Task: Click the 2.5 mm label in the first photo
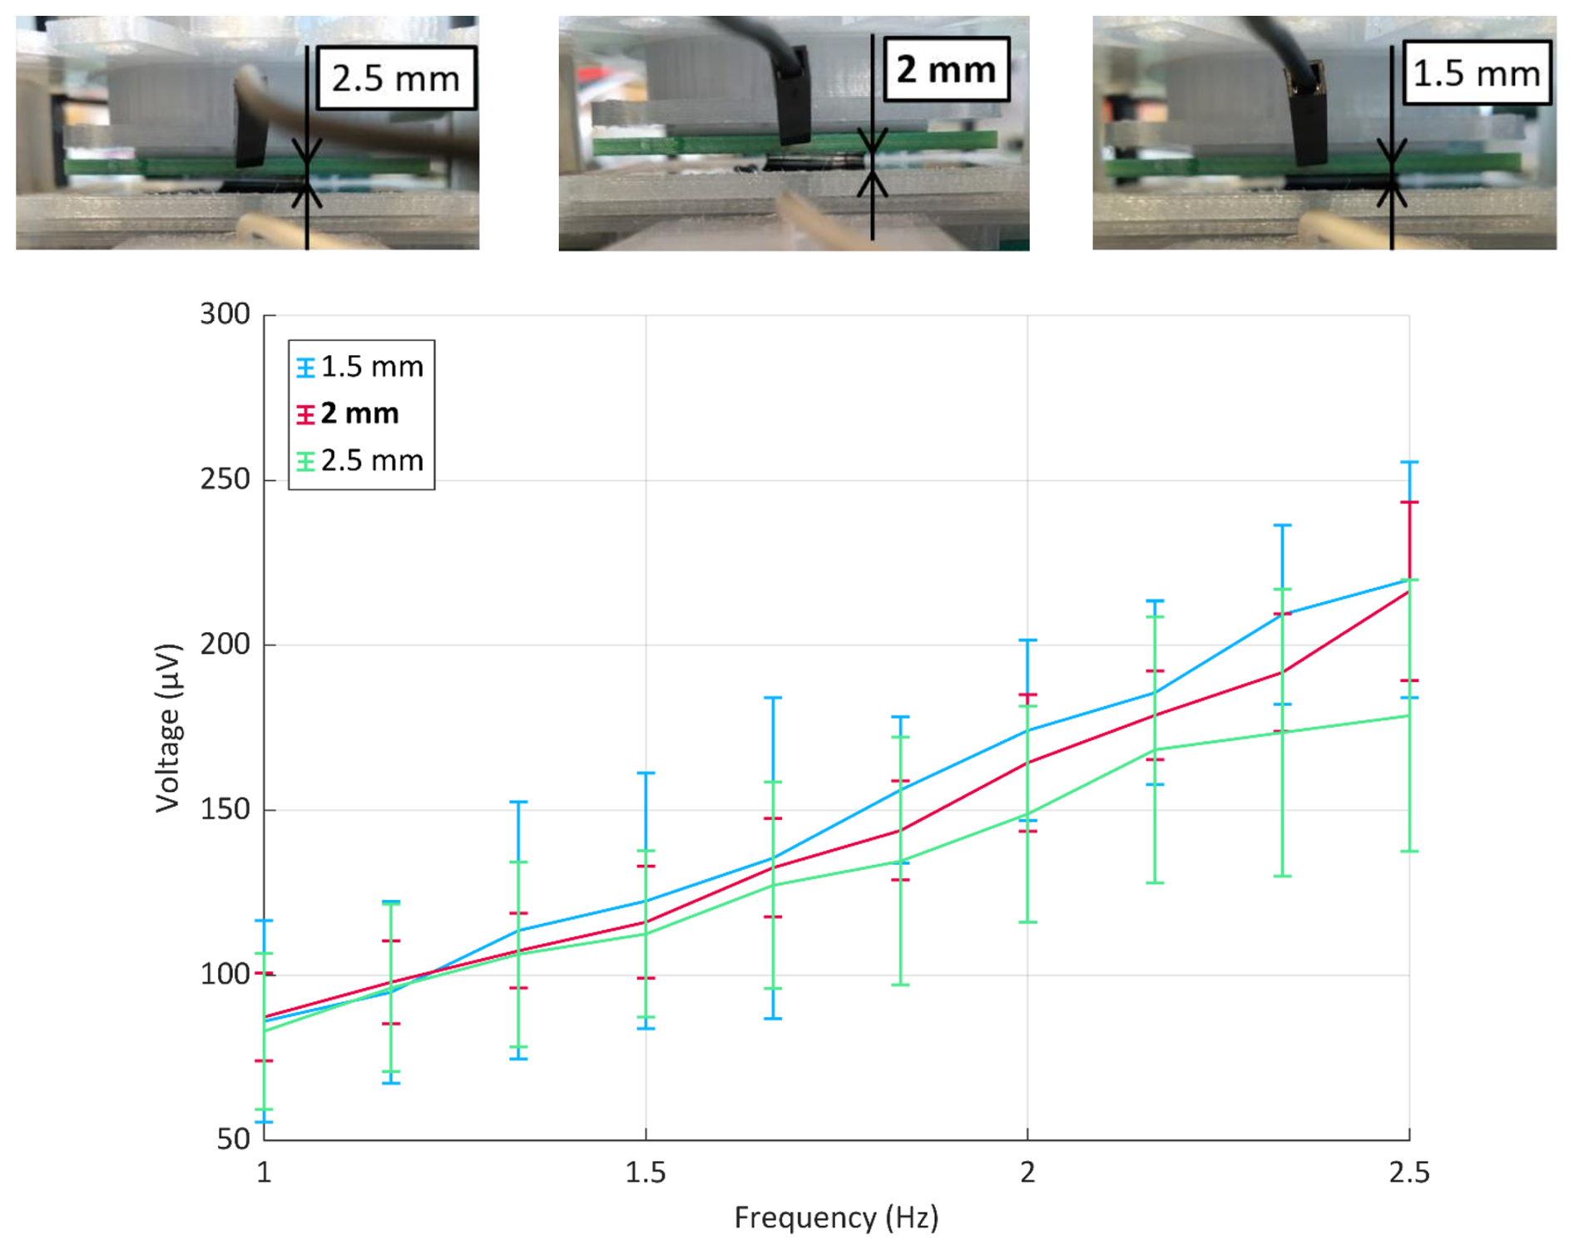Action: point(396,79)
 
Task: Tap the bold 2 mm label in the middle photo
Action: point(946,69)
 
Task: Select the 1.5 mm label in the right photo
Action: point(1477,73)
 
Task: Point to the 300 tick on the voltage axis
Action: point(225,314)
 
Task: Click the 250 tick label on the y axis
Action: point(225,480)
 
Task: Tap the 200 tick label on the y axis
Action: point(225,645)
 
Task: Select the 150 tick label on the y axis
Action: point(225,809)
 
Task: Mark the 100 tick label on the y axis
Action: point(225,974)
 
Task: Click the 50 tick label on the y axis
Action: point(233,1139)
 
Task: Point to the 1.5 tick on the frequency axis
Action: point(646,1173)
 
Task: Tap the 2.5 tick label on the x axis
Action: point(1409,1173)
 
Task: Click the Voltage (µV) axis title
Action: point(168,728)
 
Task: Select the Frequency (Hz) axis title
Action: point(836,1218)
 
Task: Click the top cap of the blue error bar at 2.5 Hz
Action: point(1409,462)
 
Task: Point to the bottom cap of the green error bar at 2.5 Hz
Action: point(1409,851)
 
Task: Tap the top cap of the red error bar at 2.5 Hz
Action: point(1409,502)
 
